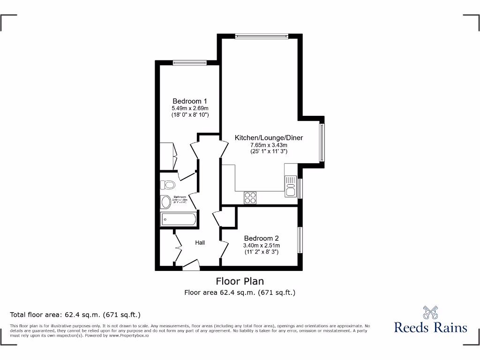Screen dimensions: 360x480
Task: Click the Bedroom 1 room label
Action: click(x=190, y=101)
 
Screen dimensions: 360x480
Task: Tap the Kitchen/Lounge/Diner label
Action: click(x=269, y=138)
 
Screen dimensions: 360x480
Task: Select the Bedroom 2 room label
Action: click(x=262, y=238)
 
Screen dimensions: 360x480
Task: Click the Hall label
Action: click(x=200, y=242)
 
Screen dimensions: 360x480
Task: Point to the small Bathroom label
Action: click(x=180, y=197)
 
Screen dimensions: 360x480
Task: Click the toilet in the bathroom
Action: click(x=167, y=184)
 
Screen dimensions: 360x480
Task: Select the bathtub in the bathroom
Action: click(x=178, y=219)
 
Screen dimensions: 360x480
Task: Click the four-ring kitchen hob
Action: click(x=250, y=198)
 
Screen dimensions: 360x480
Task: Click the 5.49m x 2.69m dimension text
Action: click(x=190, y=108)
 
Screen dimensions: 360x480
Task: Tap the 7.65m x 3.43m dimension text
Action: click(x=269, y=145)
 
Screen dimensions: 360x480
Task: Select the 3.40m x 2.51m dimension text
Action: click(x=262, y=245)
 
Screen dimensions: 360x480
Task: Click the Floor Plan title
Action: click(x=240, y=281)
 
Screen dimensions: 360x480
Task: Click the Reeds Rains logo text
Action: click(x=430, y=327)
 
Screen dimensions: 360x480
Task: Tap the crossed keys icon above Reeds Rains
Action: click(x=430, y=311)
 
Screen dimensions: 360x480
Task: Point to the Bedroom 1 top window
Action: click(x=189, y=62)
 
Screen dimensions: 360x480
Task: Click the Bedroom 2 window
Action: click(x=300, y=240)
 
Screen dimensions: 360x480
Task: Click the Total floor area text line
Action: click(x=75, y=315)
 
